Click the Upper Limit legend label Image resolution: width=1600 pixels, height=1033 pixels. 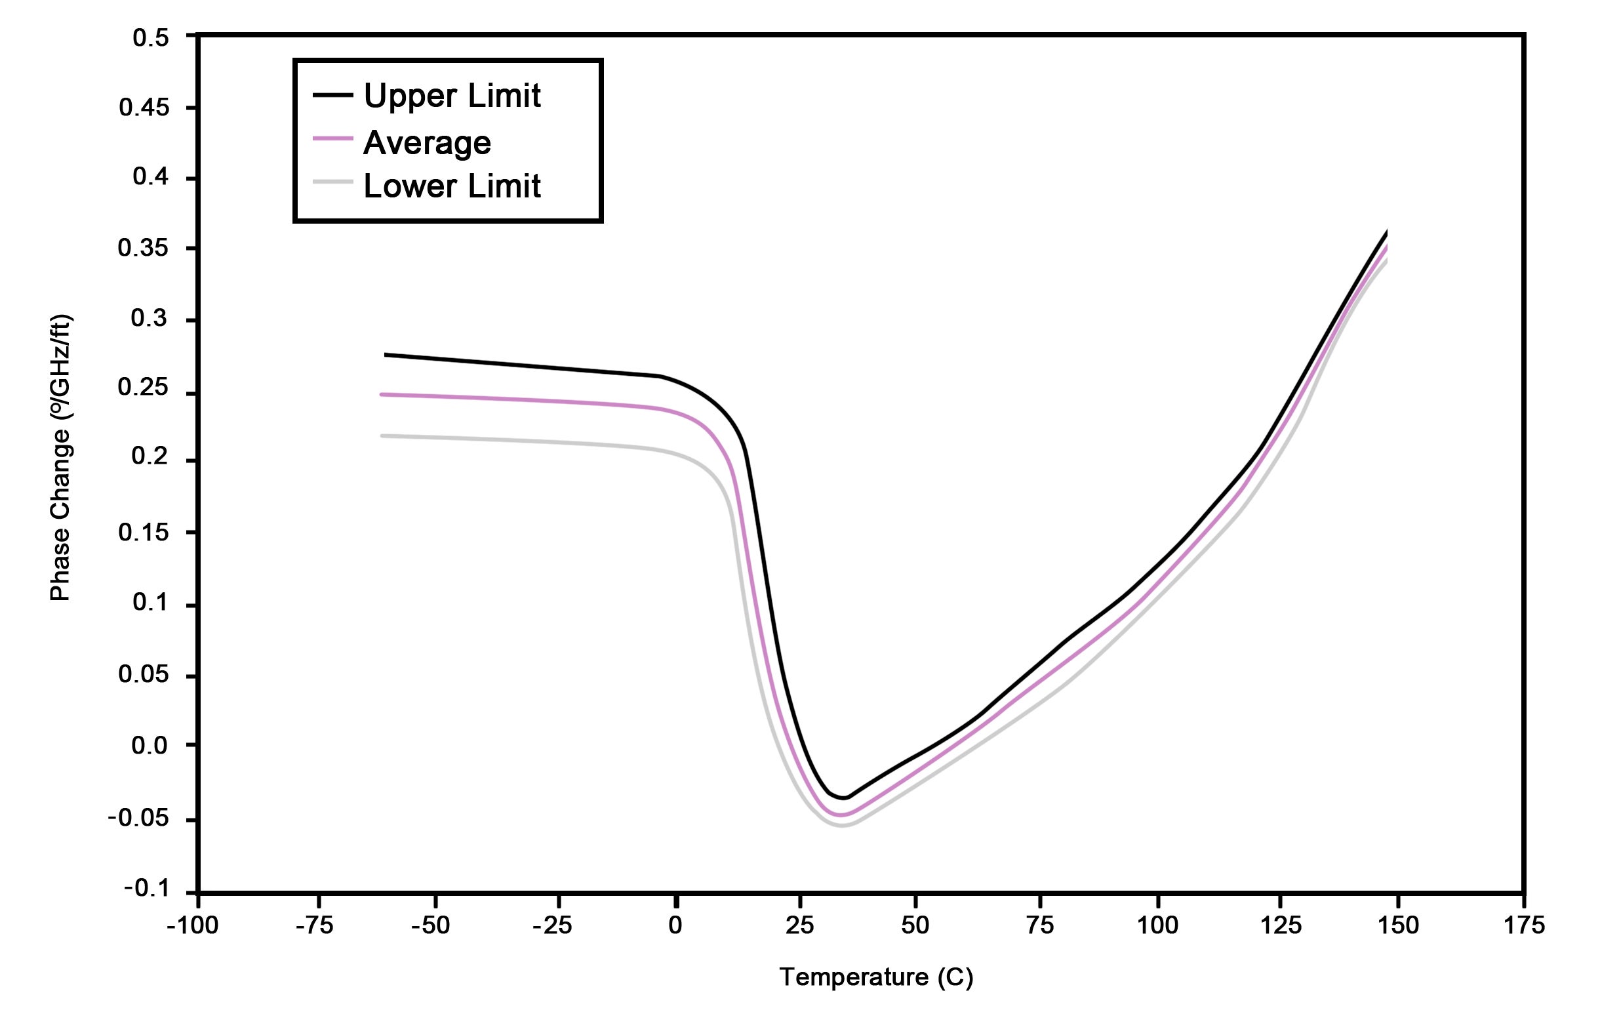(x=451, y=96)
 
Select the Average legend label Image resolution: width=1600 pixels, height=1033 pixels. (x=426, y=143)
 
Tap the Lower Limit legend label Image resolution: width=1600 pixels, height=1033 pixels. (x=451, y=186)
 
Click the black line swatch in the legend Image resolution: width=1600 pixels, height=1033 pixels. (x=332, y=95)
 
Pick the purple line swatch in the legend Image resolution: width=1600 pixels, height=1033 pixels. (x=332, y=139)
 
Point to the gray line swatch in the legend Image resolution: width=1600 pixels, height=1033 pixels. (x=332, y=181)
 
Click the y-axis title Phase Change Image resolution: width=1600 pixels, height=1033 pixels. (x=60, y=458)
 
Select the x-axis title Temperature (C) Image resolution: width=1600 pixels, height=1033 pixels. (x=876, y=977)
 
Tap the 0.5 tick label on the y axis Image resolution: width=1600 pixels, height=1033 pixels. (x=150, y=38)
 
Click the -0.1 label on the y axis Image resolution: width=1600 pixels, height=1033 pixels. (x=146, y=889)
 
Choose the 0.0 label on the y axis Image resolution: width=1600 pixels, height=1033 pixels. (x=149, y=744)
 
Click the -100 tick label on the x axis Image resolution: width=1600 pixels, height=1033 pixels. (x=192, y=925)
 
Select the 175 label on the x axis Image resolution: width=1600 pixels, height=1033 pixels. (x=1523, y=925)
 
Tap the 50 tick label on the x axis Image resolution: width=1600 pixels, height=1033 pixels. (x=915, y=925)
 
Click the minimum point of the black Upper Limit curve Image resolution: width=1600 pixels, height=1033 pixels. (x=845, y=798)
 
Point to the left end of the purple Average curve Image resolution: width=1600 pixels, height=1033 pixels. (x=382, y=394)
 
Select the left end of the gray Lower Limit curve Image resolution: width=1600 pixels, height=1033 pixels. (x=382, y=436)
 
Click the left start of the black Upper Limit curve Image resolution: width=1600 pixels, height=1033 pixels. (x=386, y=354)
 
